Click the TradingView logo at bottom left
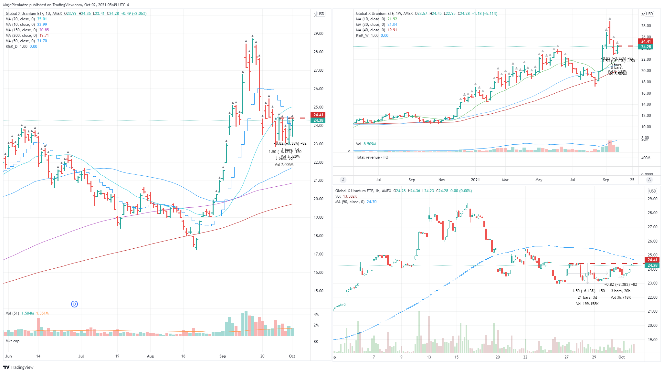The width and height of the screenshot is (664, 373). (x=18, y=367)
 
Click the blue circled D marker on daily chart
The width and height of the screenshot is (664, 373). (x=74, y=304)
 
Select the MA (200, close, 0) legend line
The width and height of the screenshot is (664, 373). (x=27, y=36)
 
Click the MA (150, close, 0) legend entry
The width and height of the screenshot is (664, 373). (x=27, y=30)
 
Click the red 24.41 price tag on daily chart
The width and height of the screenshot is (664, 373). (x=318, y=115)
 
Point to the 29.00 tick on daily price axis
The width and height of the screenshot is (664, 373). (x=318, y=34)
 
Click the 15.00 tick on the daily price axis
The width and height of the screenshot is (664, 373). (x=318, y=291)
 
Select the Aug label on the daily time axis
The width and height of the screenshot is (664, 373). (x=150, y=356)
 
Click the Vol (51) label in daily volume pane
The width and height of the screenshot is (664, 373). (x=12, y=313)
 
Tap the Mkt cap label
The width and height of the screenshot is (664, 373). (x=13, y=341)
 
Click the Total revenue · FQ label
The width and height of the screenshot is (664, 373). (x=372, y=157)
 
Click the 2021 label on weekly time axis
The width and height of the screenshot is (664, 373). (x=475, y=180)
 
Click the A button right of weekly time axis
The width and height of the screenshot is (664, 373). (x=649, y=180)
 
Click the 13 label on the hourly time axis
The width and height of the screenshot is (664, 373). (x=429, y=357)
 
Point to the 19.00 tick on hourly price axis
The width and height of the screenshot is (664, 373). (x=653, y=340)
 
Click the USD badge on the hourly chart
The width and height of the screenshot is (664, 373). (x=652, y=191)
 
